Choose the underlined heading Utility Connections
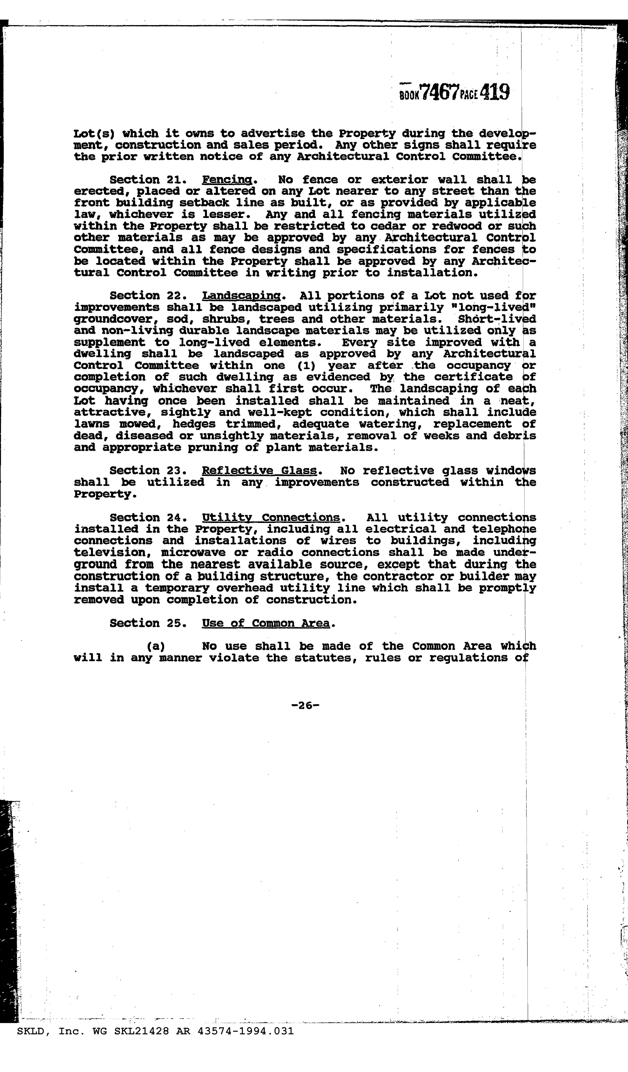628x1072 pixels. [271, 518]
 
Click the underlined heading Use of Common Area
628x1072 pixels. [266, 623]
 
